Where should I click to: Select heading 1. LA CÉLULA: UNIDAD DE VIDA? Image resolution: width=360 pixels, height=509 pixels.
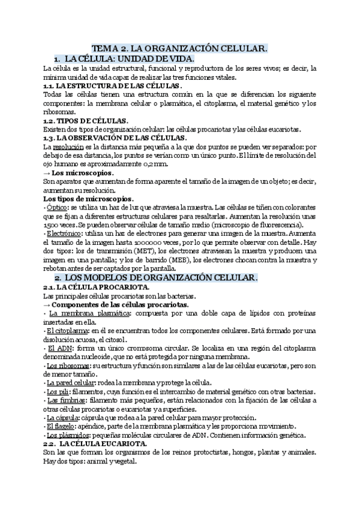(124, 59)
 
